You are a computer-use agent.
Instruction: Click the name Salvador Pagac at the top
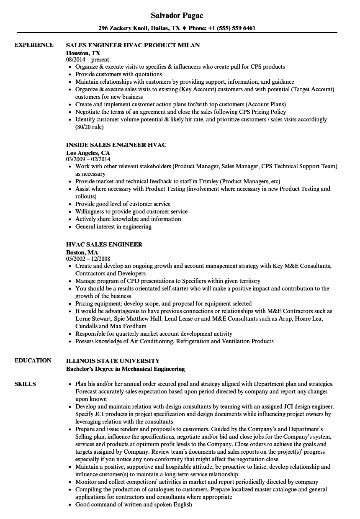[x=177, y=15]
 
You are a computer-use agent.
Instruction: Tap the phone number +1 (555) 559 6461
[x=233, y=28]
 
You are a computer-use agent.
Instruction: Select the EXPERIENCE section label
[x=34, y=45]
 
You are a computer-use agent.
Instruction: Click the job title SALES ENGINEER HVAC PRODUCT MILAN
[x=133, y=45]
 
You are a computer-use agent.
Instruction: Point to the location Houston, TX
[x=83, y=53]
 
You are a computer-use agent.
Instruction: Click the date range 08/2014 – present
[x=87, y=60]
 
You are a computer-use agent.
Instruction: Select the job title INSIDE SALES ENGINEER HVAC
[x=116, y=145]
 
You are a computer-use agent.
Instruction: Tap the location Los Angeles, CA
[x=88, y=152]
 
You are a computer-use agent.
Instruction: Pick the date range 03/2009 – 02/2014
[x=88, y=159]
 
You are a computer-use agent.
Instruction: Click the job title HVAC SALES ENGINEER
[x=104, y=244]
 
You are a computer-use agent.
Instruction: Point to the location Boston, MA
[x=82, y=252]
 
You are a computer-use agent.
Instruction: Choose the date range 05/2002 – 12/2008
[x=88, y=259]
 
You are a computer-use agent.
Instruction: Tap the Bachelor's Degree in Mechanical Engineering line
[x=126, y=368]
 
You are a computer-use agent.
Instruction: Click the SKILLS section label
[x=25, y=384]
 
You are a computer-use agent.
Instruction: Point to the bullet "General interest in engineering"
[x=113, y=226]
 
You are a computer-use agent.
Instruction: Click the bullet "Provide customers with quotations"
[x=118, y=75]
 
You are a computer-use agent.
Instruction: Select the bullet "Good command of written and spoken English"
[x=134, y=504]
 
